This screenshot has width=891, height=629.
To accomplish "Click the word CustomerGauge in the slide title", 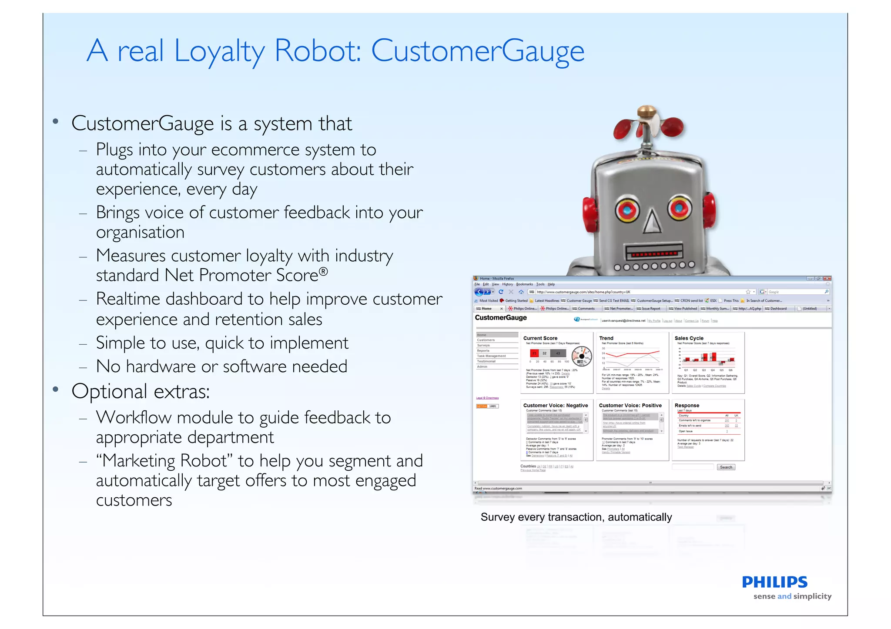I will tap(477, 51).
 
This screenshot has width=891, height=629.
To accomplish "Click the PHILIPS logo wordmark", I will tap(774, 582).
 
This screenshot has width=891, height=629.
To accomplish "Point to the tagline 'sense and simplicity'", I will tap(792, 596).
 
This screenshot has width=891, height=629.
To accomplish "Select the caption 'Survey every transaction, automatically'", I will tap(576, 517).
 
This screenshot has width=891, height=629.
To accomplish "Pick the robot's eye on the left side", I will tap(627, 211).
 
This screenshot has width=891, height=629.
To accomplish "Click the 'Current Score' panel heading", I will tap(540, 338).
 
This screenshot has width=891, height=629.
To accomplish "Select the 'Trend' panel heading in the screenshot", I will tap(606, 338).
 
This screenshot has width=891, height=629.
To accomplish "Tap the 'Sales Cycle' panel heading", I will tap(689, 338).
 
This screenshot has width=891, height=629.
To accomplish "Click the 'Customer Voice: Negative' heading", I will tap(555, 406).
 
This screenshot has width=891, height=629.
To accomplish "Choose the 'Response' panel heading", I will tap(687, 406).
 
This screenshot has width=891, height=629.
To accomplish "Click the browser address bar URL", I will tap(583, 292).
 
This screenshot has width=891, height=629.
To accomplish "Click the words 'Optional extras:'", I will tap(141, 391).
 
